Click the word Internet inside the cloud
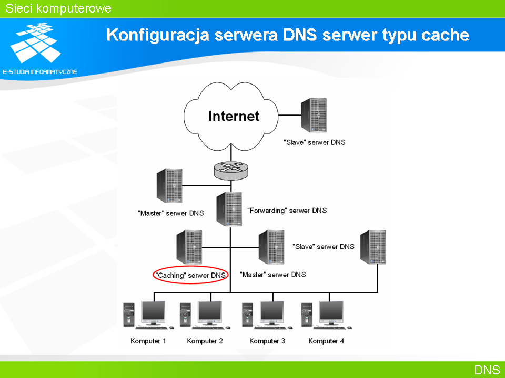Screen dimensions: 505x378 tap(234, 116)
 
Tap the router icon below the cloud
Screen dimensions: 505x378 tap(231, 170)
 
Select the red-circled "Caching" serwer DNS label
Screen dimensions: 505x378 tap(190, 275)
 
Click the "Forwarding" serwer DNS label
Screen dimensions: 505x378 tap(287, 211)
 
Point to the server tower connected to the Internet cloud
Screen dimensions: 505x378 tap(314, 115)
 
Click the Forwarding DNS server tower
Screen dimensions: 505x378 tap(229, 209)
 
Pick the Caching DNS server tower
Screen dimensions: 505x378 tap(189, 247)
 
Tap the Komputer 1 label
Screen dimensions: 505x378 tap(148, 341)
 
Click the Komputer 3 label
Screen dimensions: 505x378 tap(267, 341)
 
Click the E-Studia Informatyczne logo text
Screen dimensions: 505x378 tap(40, 72)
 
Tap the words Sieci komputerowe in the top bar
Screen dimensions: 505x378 tap(58, 8)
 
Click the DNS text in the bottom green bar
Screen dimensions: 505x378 tap(487, 370)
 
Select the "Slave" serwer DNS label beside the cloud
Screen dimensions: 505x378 tap(315, 142)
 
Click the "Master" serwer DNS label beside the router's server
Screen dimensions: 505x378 tap(170, 213)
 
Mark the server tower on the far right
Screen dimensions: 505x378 tap(373, 247)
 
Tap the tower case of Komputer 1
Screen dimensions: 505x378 tap(129, 314)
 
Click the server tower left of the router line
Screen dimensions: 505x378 tap(169, 185)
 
